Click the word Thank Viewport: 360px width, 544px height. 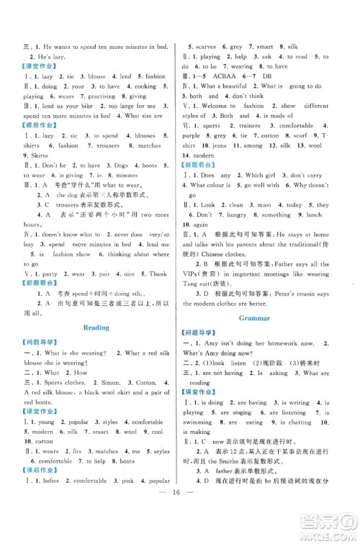(157, 273)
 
